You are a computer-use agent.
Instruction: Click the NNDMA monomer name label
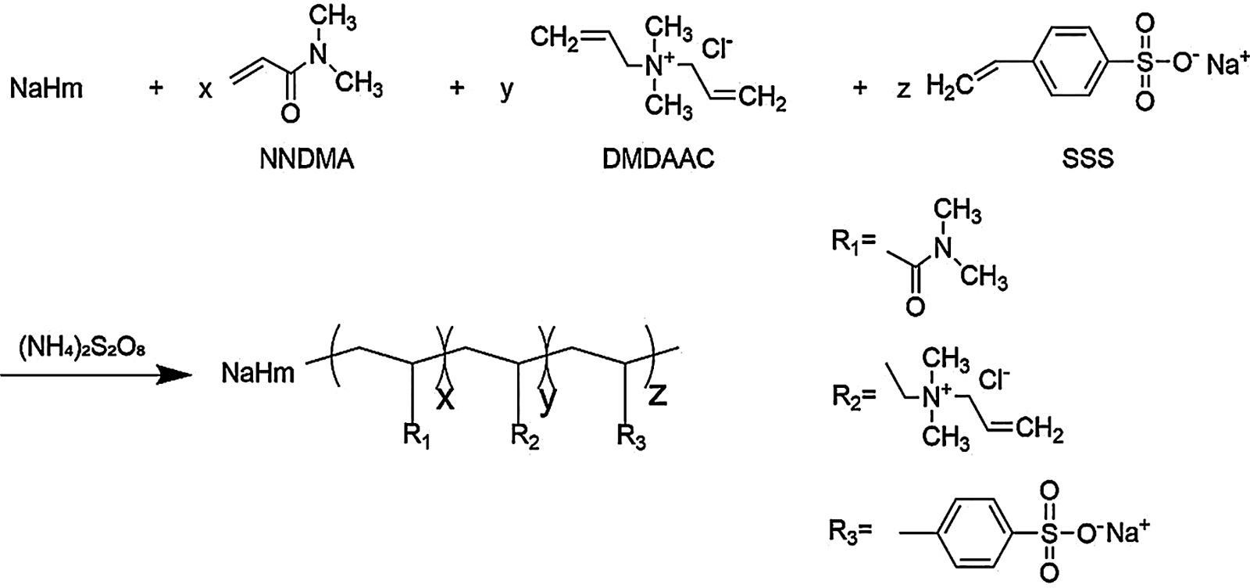click(306, 160)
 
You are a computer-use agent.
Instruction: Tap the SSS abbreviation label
click(1087, 160)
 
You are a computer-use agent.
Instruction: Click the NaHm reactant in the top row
click(46, 88)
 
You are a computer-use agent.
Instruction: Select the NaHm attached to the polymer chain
click(258, 373)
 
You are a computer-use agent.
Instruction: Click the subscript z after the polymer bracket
click(658, 396)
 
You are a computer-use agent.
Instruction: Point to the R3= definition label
click(851, 534)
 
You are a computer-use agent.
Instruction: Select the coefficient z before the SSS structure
click(903, 88)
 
